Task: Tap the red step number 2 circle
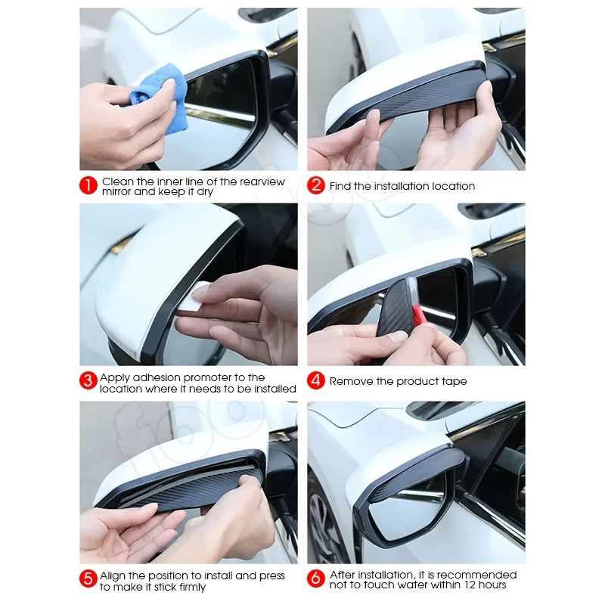tap(316, 186)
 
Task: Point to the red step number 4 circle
tap(316, 381)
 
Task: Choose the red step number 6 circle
tap(316, 580)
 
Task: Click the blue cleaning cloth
tap(160, 95)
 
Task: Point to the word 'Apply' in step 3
tap(116, 377)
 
